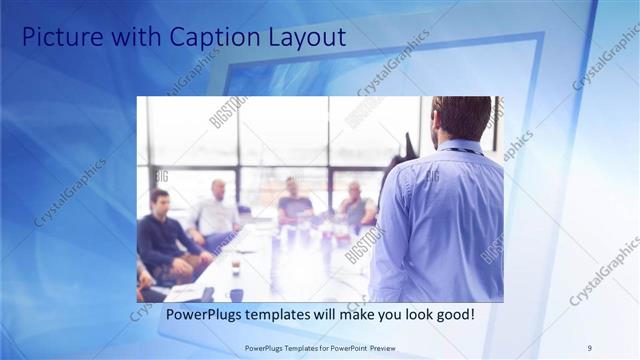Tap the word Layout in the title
[305, 38]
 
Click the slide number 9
[589, 348]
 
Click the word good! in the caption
[454, 315]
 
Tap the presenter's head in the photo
[461, 118]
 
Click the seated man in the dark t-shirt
[294, 204]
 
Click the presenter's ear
[440, 126]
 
